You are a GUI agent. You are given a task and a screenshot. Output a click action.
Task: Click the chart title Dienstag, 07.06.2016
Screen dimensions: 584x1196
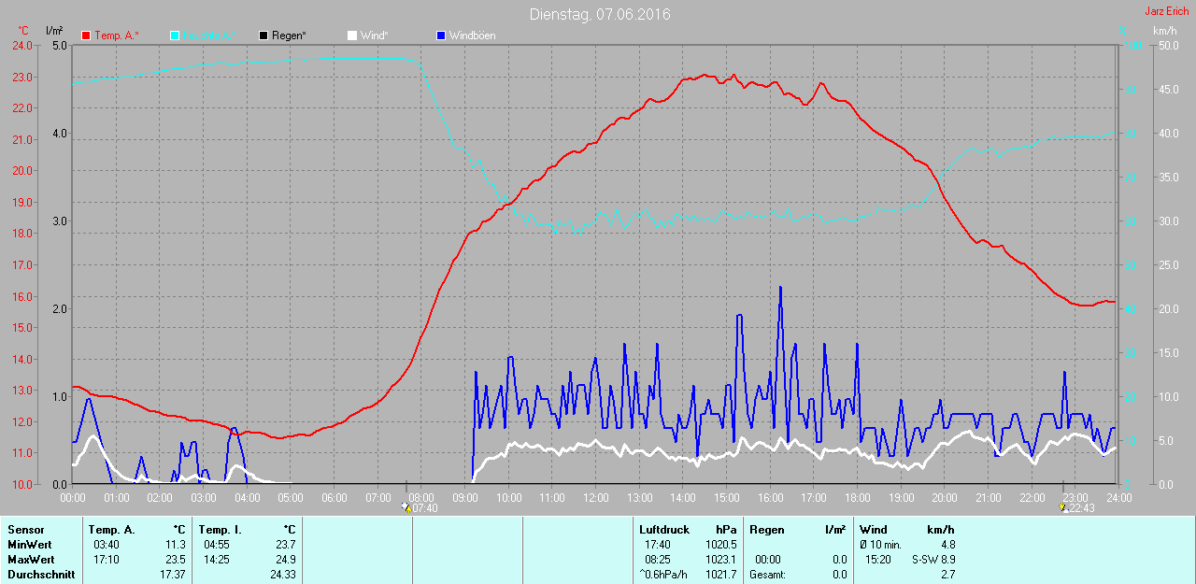[x=599, y=14]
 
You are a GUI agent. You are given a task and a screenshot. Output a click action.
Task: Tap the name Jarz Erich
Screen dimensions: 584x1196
[x=1167, y=11]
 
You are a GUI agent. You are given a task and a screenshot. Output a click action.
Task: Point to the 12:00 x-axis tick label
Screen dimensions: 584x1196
[x=596, y=498]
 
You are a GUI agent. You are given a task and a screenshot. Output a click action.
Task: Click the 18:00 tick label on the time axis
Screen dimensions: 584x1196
[x=857, y=498]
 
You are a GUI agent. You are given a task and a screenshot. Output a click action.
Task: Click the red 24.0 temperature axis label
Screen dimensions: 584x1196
[x=21, y=46]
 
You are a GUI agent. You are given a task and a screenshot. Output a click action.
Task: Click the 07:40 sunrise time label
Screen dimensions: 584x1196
[x=424, y=508]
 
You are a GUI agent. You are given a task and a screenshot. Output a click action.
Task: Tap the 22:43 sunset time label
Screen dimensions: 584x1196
[x=1082, y=508]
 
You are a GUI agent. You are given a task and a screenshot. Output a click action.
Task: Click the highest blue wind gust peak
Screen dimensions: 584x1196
[x=780, y=288]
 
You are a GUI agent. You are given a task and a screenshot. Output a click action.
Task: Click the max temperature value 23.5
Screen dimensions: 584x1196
[x=176, y=560]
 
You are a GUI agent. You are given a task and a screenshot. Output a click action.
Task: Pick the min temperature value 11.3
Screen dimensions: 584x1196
[x=176, y=545]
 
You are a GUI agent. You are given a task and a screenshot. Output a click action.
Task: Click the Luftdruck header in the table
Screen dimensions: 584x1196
[x=663, y=530]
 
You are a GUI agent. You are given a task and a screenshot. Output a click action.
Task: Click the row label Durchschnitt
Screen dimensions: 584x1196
[x=41, y=575]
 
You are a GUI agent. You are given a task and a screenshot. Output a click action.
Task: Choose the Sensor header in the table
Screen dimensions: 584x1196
[x=25, y=530]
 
